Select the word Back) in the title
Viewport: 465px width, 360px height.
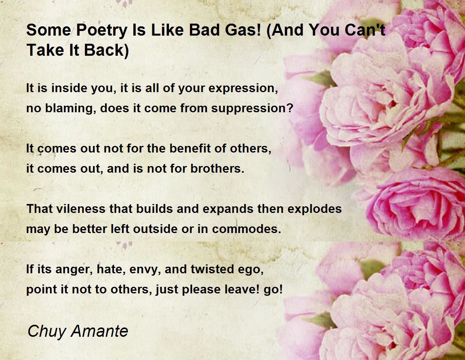107,50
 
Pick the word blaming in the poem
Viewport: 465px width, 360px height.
71,108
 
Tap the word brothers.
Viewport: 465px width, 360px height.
217,168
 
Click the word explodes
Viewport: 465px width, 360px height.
315,209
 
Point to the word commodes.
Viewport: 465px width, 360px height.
246,229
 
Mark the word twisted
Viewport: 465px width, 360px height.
212,269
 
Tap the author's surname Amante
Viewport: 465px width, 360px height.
100,331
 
